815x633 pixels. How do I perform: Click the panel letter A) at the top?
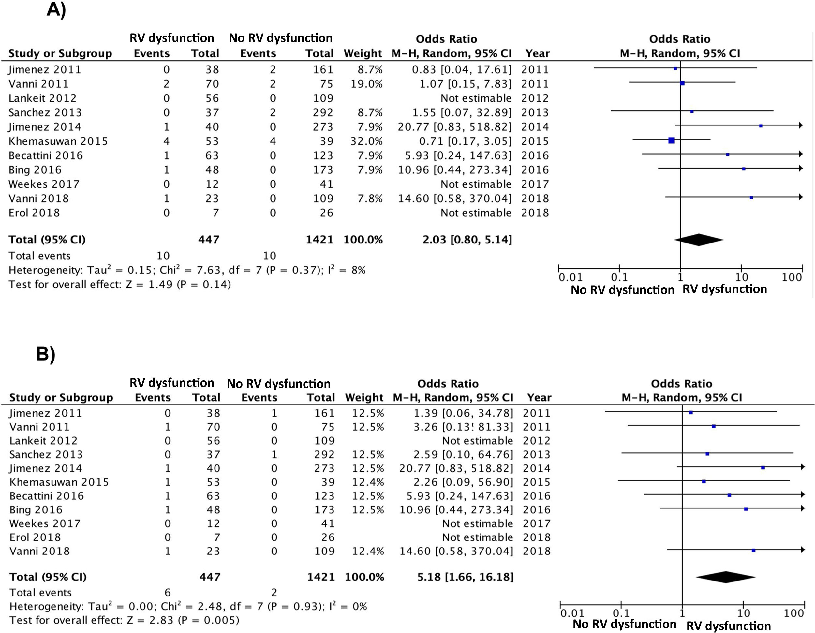pos(56,10)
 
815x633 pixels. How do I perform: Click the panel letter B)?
pos(46,354)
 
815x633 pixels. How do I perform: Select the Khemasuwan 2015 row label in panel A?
pos(58,141)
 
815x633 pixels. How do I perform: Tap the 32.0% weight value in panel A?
pos(366,141)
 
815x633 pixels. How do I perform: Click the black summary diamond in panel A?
pos(699,240)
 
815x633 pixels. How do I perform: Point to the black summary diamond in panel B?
pos(725,577)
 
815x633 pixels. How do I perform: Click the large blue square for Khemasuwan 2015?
pos(671,140)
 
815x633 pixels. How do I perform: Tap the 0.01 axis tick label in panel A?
pos(570,277)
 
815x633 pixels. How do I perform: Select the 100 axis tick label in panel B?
pos(794,613)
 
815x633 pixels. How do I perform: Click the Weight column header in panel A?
pos(363,54)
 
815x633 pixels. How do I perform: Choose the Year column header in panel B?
pos(539,398)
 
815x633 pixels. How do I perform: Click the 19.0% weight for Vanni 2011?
pos(366,84)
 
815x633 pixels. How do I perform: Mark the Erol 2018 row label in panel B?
pos(35,537)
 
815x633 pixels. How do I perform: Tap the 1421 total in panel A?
pos(319,240)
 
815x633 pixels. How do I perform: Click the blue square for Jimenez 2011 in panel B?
pos(691,413)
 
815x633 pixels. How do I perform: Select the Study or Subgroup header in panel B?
pos(61,398)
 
